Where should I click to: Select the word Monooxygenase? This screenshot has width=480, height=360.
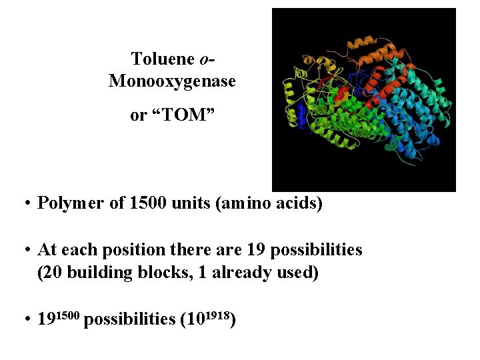[x=172, y=81]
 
